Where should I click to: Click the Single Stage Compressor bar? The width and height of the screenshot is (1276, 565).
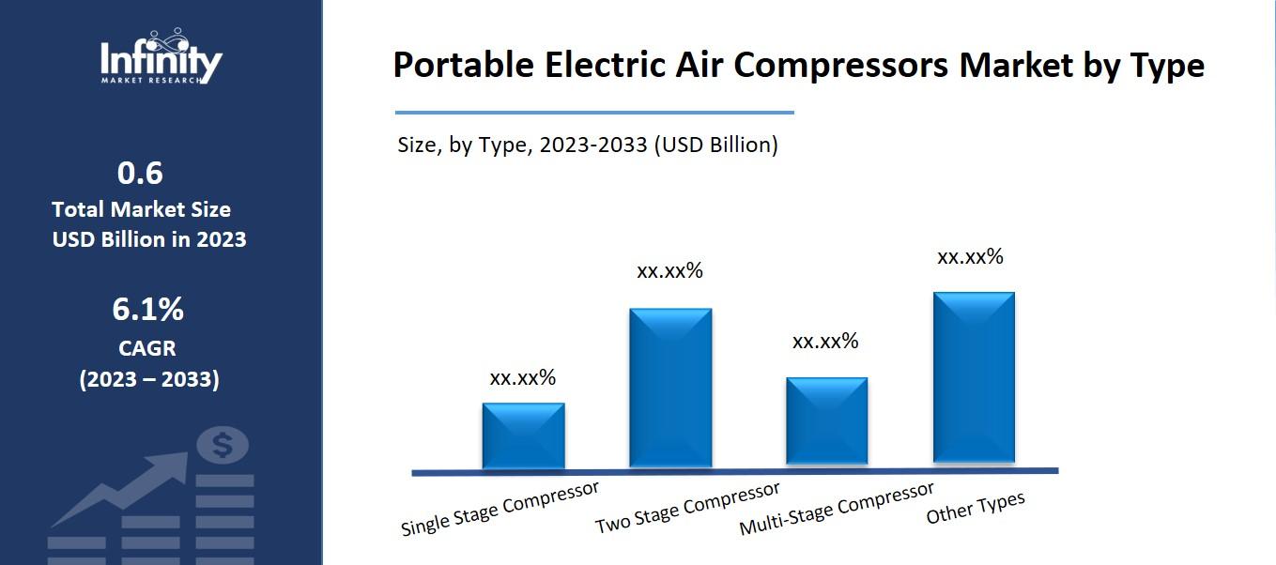tap(523, 435)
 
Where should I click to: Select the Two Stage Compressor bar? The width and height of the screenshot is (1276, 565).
tap(670, 387)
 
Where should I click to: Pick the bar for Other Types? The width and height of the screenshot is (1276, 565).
tap(974, 377)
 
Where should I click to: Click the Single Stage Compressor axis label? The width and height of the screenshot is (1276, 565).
tap(500, 509)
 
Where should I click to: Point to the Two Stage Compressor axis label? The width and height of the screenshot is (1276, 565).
tap(687, 508)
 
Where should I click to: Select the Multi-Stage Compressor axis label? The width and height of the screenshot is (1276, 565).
tap(837, 508)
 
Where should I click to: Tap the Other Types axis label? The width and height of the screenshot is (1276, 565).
tap(976, 508)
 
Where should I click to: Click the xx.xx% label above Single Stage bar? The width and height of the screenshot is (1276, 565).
tap(523, 378)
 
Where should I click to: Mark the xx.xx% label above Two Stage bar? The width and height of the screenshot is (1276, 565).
tap(670, 271)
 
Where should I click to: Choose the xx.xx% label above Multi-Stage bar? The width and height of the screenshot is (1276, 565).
tap(826, 342)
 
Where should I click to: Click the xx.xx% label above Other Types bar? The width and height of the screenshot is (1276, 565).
tap(971, 256)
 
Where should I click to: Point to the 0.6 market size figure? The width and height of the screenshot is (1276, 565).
tap(140, 174)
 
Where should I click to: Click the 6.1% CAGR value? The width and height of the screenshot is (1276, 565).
tap(148, 309)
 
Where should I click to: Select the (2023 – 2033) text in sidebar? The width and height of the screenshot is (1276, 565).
tap(148, 380)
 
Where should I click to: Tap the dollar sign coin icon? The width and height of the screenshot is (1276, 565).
tap(223, 446)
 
